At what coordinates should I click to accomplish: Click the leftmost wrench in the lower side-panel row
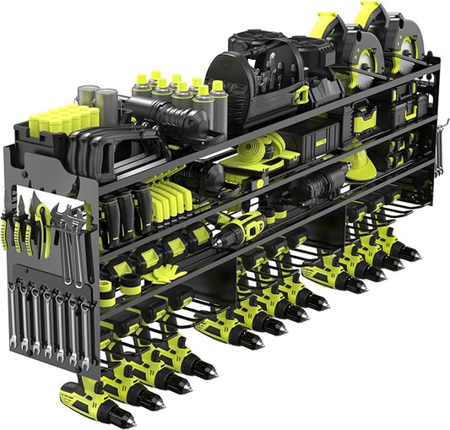13,317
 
